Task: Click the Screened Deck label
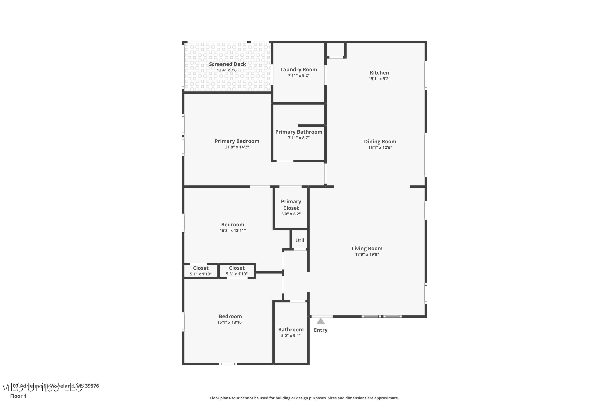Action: point(227,64)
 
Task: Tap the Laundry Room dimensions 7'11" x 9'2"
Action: point(299,76)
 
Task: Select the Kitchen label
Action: point(379,73)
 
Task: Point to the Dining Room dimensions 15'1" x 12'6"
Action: point(380,148)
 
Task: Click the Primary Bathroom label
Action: point(299,132)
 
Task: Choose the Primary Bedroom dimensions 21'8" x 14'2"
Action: point(237,147)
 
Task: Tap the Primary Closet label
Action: point(291,205)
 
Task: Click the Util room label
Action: point(300,240)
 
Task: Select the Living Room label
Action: point(367,248)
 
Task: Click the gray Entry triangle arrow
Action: point(321,321)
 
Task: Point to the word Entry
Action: point(321,330)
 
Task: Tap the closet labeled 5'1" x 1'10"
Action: point(201,271)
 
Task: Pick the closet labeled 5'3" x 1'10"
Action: point(237,271)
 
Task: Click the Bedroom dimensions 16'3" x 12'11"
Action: point(232,231)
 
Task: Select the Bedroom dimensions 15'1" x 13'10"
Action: point(230,322)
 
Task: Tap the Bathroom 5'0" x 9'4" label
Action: point(291,332)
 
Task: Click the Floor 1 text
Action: point(18,396)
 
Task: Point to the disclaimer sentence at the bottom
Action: point(304,398)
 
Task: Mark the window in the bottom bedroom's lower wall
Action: point(228,364)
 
